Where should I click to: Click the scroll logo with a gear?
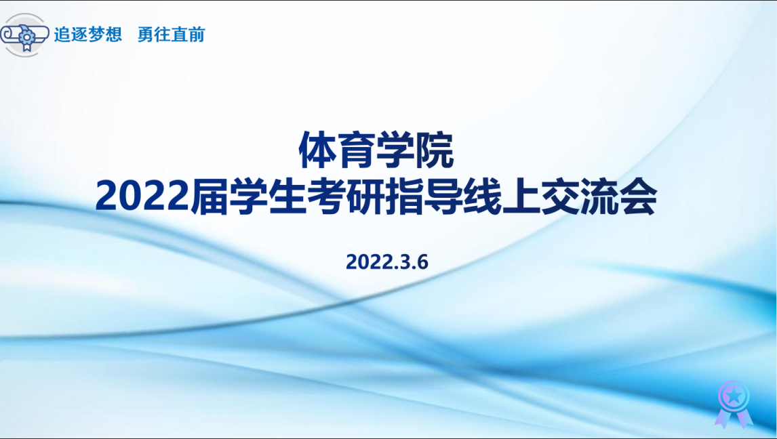[24, 35]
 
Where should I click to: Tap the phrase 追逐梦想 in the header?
[87, 34]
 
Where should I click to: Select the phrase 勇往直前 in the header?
[171, 34]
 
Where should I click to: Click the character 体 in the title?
[317, 150]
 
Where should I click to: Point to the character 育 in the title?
[356, 150]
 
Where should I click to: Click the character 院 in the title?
[435, 150]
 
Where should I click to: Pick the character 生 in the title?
[287, 196]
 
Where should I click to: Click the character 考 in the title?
[327, 196]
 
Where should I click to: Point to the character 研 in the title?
[365, 196]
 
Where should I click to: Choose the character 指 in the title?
[404, 196]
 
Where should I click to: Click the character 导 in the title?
[443, 196]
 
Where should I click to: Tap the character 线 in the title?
[482, 196]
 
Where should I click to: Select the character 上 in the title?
[521, 196]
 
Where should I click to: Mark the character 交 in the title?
[560, 196]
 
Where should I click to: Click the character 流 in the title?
[599, 196]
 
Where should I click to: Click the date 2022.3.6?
[387, 262]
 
